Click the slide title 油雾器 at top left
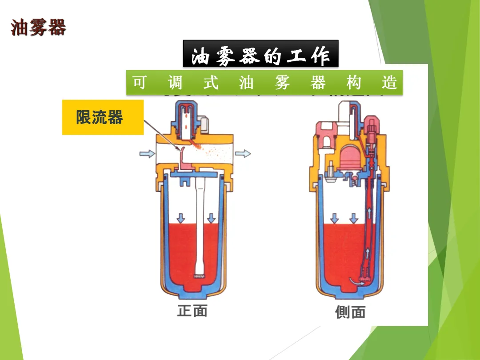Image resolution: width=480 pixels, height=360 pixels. pos(38,27)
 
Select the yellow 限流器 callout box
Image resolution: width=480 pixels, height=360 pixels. pos(103,117)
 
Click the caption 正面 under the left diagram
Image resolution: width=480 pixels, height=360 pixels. pos(192,310)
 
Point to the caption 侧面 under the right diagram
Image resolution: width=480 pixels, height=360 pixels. pos(350,312)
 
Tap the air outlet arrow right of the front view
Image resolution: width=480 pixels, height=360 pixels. pos(243,154)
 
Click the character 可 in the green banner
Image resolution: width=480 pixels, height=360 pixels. pos(140,83)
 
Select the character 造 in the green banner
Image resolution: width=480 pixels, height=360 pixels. pos(389,83)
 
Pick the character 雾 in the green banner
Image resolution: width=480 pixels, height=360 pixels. pos(282,83)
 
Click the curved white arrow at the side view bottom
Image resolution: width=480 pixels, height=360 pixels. pos(357,281)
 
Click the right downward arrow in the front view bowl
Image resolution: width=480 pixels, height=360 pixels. pos(212,218)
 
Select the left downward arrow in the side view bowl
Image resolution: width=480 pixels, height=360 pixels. pos(334,218)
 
